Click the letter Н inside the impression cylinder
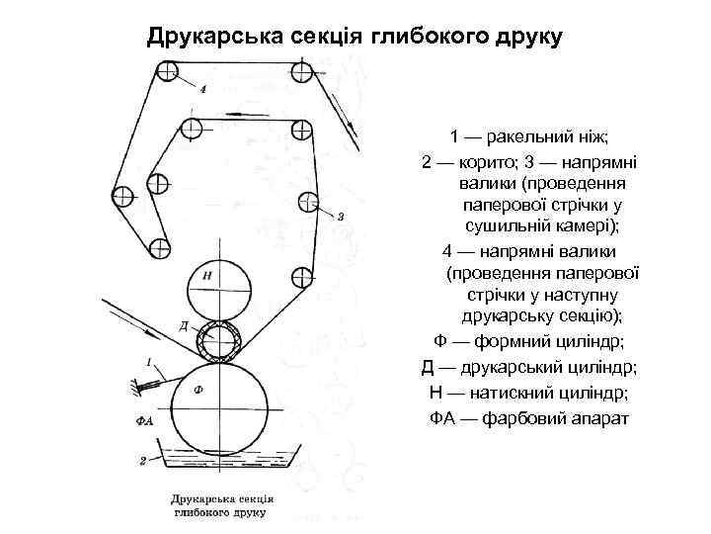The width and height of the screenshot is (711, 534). pos(206,274)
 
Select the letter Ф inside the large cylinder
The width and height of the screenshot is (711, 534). pos(198,390)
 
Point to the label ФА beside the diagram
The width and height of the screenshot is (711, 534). pos(143,420)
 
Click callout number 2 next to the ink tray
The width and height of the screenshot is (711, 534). pos(144,460)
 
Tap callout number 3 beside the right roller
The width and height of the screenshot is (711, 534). pos(341,217)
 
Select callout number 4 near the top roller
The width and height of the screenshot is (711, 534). pos(202,89)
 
